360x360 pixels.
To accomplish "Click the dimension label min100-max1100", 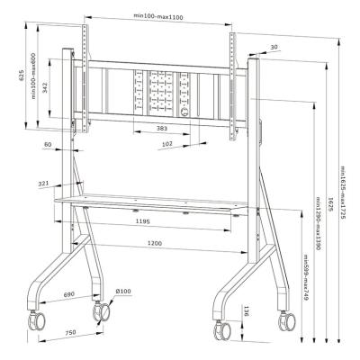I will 157,15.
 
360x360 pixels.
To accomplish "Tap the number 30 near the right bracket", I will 273,48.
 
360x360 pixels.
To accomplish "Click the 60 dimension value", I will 47,144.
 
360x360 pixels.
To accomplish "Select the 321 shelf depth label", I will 42,184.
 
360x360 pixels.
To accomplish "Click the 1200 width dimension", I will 154,243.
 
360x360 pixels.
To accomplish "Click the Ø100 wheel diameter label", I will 123,291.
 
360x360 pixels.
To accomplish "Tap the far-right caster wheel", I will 291,321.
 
